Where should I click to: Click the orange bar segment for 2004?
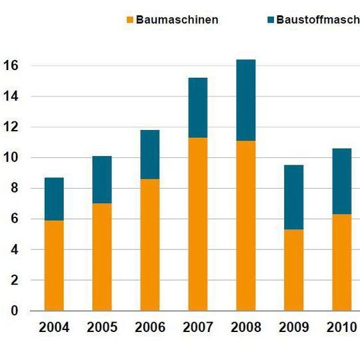point(54,265)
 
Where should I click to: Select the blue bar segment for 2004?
point(54,199)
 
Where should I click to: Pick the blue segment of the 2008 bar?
point(245,100)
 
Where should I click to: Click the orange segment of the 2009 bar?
point(293,270)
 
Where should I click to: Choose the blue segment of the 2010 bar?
point(341,181)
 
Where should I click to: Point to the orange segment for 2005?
point(102,257)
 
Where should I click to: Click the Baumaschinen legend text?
point(177,20)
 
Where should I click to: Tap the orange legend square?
point(129,20)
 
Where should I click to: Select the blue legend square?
point(270,20)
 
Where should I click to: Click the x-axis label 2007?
point(197,327)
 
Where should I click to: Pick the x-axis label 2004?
point(54,327)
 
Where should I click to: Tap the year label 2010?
point(341,327)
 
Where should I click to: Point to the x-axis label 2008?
point(245,327)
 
